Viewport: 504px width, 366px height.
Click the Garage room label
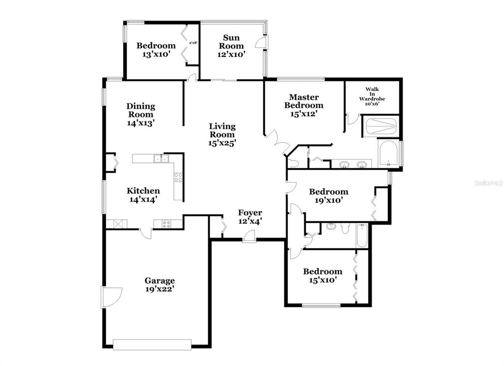click(159, 281)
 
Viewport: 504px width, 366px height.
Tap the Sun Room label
click(231, 42)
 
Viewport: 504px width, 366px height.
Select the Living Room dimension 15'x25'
click(222, 143)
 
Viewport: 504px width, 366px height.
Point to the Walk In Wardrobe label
click(372, 94)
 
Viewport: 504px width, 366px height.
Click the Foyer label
click(250, 213)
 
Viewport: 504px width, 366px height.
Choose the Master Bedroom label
click(304, 101)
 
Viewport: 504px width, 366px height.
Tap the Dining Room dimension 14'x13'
click(141, 123)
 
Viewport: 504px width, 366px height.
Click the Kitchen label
click(143, 191)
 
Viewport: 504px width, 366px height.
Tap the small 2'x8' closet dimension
click(193, 42)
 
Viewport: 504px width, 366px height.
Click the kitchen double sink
click(161, 158)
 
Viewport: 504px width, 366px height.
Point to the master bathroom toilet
click(293, 163)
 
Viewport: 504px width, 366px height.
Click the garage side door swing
click(112, 297)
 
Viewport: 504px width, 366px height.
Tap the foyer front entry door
click(249, 237)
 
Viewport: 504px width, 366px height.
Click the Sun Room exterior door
click(261, 42)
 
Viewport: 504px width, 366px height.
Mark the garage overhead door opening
click(153, 344)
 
